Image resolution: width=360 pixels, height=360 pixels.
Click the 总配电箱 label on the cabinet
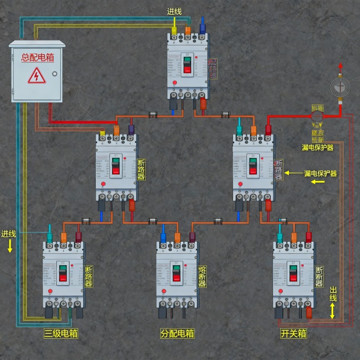point(37,57)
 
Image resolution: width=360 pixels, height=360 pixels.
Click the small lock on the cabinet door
point(54,74)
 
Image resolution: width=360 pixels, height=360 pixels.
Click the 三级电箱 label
point(61,333)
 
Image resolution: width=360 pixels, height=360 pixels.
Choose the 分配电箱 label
point(177,333)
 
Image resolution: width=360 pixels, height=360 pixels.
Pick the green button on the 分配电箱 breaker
point(176,268)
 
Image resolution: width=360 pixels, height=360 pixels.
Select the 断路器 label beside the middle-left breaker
point(141,170)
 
